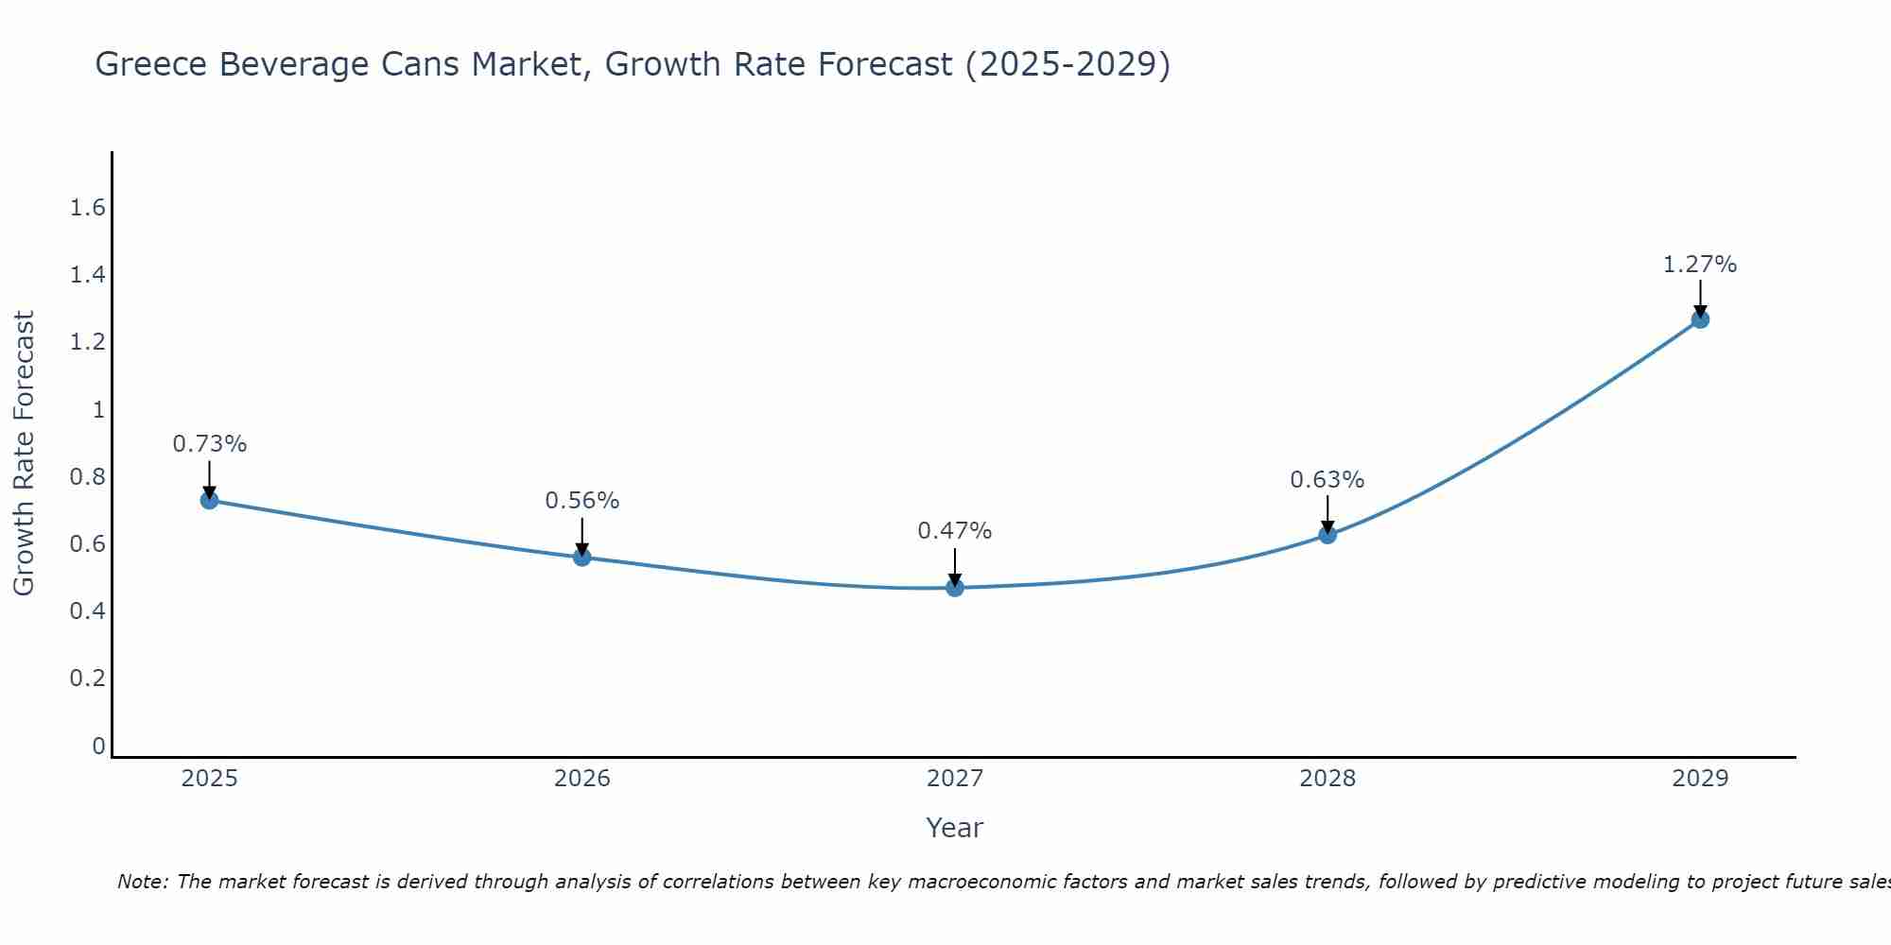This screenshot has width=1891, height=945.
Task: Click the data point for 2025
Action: [x=210, y=500]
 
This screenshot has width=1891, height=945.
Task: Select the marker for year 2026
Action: [x=582, y=558]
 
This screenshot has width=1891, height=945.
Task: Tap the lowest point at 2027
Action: [x=955, y=588]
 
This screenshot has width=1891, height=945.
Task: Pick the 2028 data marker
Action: [x=1327, y=535]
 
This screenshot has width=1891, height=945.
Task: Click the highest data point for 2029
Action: [x=1700, y=319]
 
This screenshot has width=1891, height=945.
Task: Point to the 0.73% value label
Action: [x=210, y=444]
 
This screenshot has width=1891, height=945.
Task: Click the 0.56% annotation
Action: [x=582, y=501]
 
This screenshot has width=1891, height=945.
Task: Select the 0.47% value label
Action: [x=955, y=531]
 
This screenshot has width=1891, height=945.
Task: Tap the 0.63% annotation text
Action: [x=1327, y=480]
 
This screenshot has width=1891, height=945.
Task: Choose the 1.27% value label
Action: [x=1700, y=265]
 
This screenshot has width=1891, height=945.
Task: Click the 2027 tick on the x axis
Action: [x=955, y=779]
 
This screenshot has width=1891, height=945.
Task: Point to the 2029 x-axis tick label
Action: [x=1700, y=779]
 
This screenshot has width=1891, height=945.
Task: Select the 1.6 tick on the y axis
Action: [x=87, y=208]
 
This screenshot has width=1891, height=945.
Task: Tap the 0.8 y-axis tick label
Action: [x=87, y=477]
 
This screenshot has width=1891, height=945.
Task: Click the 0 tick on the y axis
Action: [x=98, y=747]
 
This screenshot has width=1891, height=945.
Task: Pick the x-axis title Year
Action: [x=955, y=828]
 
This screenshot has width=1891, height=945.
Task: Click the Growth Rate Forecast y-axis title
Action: [x=25, y=454]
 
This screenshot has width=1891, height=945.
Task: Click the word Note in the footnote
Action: [x=142, y=883]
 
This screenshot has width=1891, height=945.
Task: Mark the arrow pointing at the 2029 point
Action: [x=1700, y=298]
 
